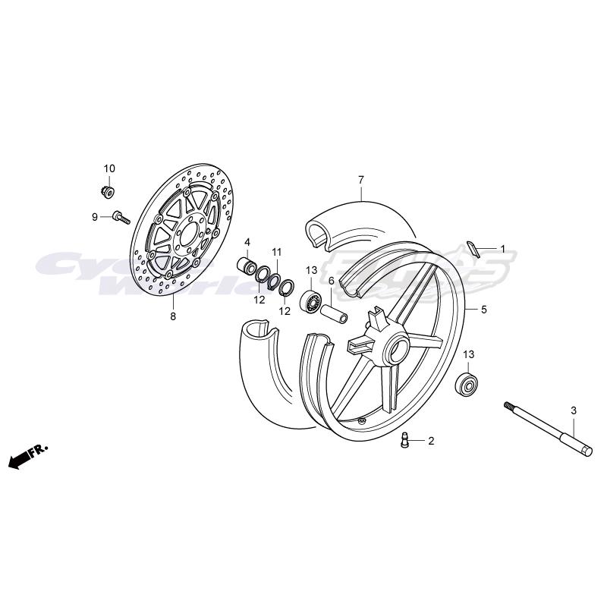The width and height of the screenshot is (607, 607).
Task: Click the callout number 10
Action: (109, 168)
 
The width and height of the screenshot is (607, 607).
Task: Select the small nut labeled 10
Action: (109, 187)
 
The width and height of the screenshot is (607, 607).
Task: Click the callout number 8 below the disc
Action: (172, 316)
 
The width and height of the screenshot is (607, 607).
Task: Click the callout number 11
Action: (277, 251)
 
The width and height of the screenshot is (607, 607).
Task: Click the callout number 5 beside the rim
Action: (483, 310)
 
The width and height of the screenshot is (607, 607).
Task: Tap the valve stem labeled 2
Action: (404, 440)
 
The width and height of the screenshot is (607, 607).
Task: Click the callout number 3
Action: (574, 410)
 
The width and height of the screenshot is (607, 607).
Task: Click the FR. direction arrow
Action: (27, 457)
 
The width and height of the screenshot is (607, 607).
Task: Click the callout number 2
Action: (430, 441)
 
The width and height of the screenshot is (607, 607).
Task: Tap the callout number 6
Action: (332, 281)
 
